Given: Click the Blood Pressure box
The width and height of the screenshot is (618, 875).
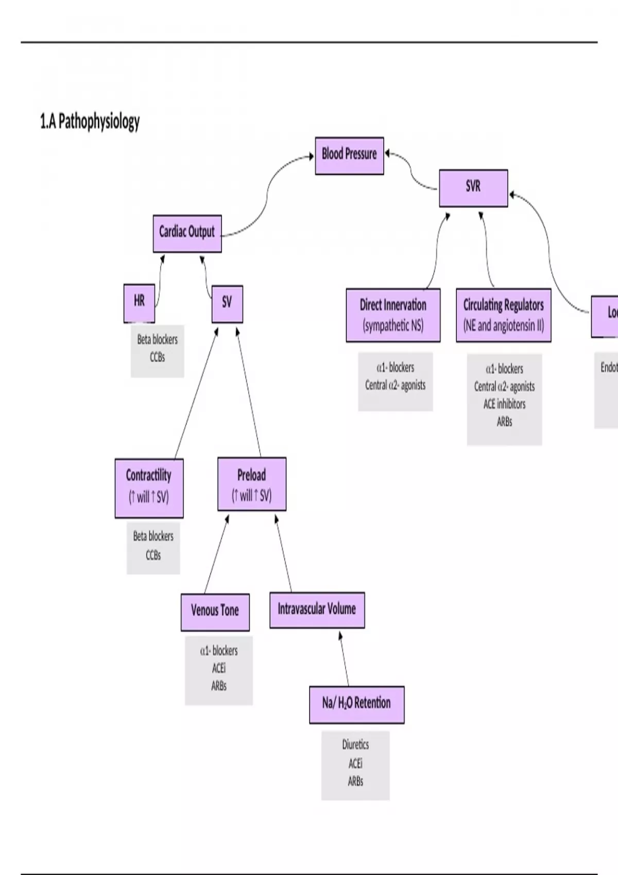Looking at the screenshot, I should click(x=349, y=155).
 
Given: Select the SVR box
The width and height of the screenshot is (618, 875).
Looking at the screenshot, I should click(x=473, y=188).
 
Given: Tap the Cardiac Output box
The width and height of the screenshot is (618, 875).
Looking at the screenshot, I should click(x=187, y=233).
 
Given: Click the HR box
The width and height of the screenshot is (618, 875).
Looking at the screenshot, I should click(x=139, y=302).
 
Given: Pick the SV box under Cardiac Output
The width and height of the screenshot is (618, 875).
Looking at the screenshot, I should click(x=227, y=304).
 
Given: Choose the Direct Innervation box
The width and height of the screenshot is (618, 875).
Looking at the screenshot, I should click(x=393, y=315).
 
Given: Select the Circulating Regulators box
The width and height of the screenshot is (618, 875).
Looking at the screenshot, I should click(x=503, y=315).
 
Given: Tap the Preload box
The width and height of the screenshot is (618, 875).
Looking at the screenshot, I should click(x=251, y=484).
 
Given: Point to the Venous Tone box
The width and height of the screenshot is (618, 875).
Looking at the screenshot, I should click(x=215, y=611).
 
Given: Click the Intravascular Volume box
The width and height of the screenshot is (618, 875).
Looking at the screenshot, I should click(x=317, y=610).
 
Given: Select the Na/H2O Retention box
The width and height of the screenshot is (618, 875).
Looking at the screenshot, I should click(x=356, y=704).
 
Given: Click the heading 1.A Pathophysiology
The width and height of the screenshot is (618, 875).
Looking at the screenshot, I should click(x=90, y=121).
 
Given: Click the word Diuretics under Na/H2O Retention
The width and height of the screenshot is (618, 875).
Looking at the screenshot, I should click(x=355, y=745).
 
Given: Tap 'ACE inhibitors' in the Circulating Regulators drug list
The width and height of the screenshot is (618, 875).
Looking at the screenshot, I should click(x=504, y=404).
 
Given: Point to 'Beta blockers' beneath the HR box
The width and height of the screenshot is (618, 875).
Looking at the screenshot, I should click(x=157, y=340).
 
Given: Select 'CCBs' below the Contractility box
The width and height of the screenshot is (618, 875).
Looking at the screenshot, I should click(x=153, y=555).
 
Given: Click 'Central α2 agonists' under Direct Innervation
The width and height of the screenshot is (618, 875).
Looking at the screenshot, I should click(x=395, y=385).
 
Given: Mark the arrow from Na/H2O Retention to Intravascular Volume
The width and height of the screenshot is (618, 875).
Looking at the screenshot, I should click(x=344, y=659).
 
